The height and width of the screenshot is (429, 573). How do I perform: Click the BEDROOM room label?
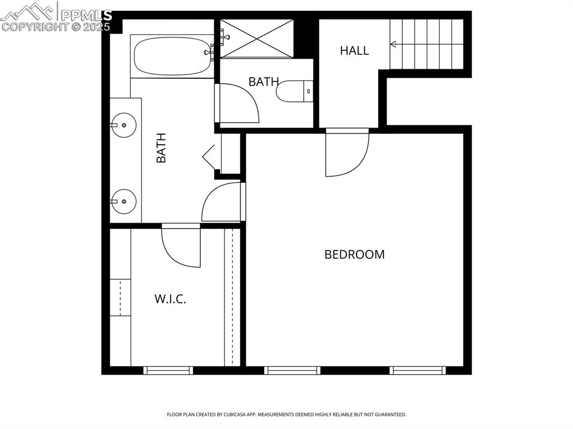[354, 254]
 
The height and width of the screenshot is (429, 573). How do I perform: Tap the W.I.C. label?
[170, 299]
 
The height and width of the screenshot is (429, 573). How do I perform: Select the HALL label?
[354, 50]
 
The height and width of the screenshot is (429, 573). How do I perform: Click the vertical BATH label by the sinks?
[161, 148]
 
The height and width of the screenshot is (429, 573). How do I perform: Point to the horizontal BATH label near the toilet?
[264, 82]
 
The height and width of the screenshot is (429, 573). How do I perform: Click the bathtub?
[171, 56]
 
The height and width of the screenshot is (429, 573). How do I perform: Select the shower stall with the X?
[256, 38]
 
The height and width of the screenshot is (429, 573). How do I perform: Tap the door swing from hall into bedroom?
[345, 154]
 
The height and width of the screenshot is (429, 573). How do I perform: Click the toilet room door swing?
[238, 104]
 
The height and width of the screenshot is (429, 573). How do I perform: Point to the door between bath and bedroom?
[222, 202]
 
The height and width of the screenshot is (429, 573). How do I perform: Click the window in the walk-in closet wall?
[168, 370]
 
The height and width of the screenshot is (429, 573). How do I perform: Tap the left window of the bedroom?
[292, 370]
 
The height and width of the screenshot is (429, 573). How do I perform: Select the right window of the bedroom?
[418, 370]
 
